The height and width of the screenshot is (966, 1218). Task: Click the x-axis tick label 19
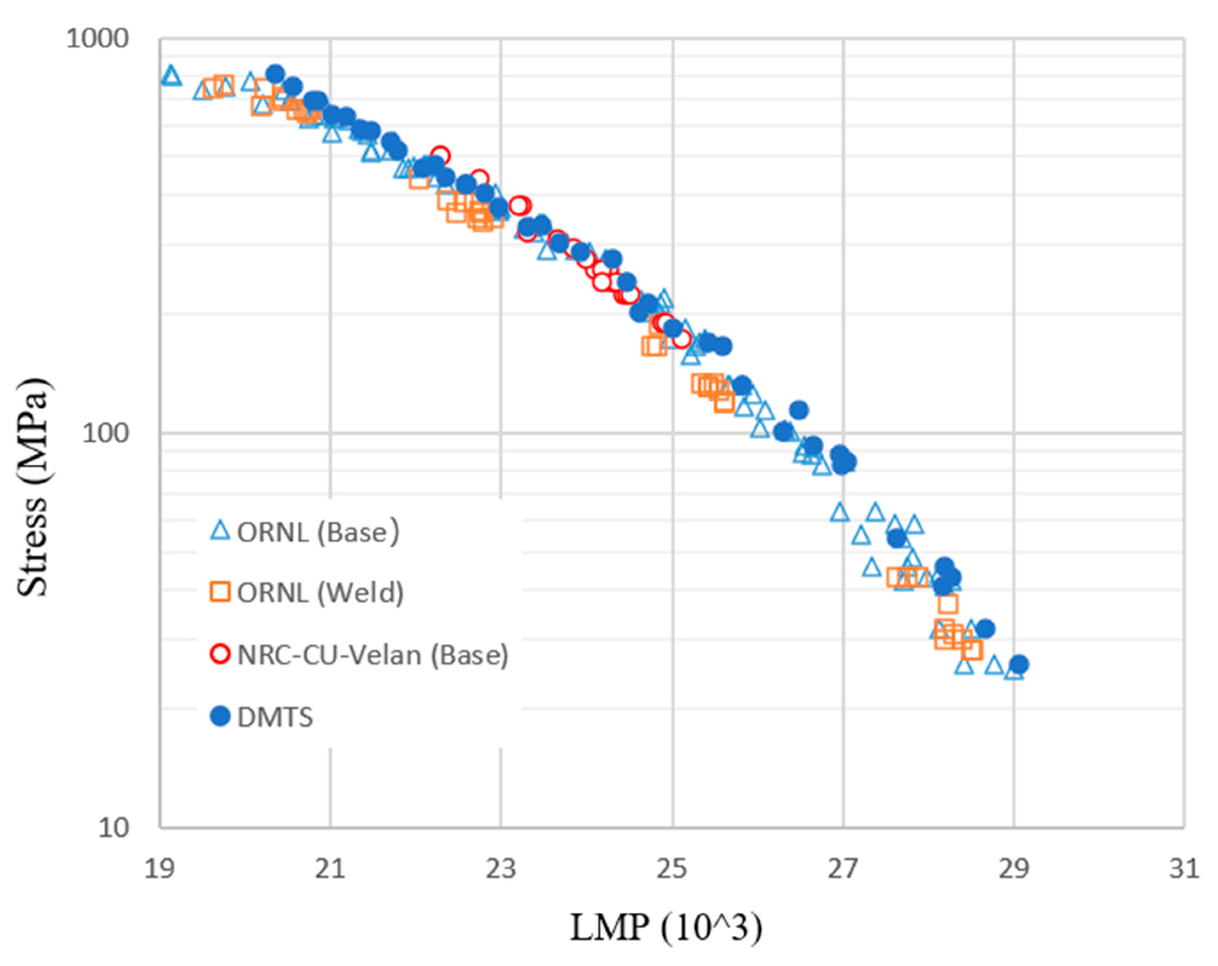pos(159,869)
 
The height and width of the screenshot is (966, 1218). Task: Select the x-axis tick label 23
pos(501,869)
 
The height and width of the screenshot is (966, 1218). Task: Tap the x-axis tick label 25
pos(672,869)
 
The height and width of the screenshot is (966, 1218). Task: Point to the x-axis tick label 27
pos(843,869)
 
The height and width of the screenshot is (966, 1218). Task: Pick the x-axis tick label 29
pos(1014,869)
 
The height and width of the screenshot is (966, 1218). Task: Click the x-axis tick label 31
pos(1184,869)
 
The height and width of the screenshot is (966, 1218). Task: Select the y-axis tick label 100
pos(106,434)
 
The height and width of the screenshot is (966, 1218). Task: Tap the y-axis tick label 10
pos(114,827)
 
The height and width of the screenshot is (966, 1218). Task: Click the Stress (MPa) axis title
pos(33,487)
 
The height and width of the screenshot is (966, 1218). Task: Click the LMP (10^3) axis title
pos(665,928)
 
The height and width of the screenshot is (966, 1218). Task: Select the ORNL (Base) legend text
pos(317,532)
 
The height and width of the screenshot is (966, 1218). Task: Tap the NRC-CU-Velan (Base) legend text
pos(373,654)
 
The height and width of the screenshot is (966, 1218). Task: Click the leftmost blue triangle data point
pos(171,75)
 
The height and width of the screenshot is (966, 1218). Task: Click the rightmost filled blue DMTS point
pos(1019,664)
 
